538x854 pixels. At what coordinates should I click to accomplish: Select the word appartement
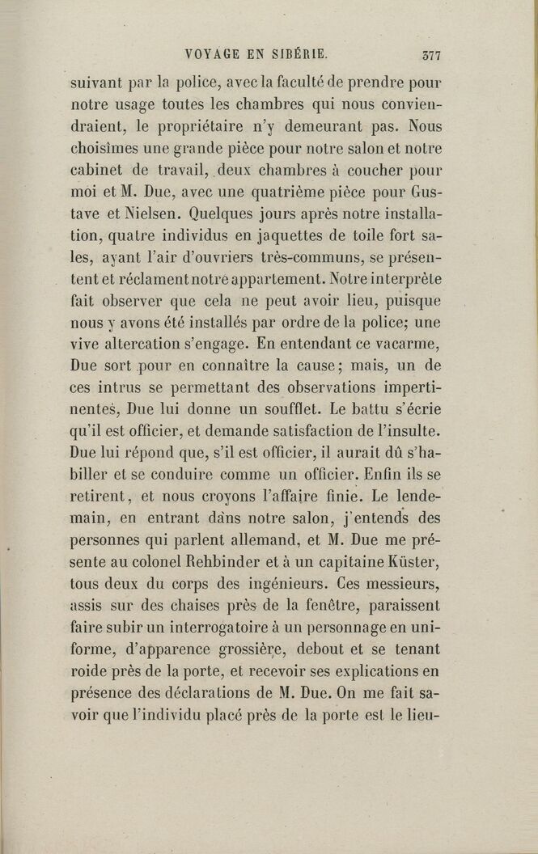pyautogui.click(x=265, y=280)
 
